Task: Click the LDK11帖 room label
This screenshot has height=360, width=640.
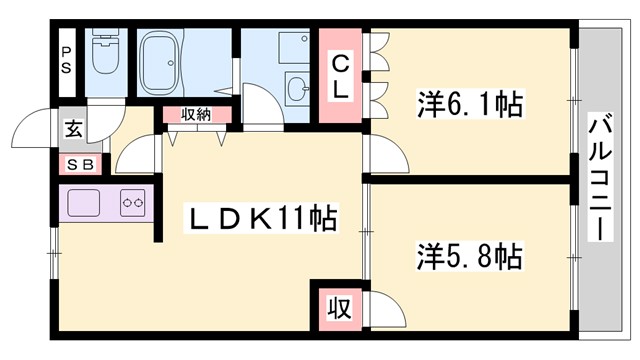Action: [x=263, y=216]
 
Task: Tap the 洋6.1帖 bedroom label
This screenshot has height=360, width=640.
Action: [x=470, y=103]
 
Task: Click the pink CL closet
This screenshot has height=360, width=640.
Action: [x=341, y=76]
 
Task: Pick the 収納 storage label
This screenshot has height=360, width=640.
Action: [x=195, y=115]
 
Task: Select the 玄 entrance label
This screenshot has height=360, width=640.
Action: [x=75, y=128]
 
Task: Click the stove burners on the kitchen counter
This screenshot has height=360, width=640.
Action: [x=132, y=201]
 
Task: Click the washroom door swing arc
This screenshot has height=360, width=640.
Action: [x=257, y=103]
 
